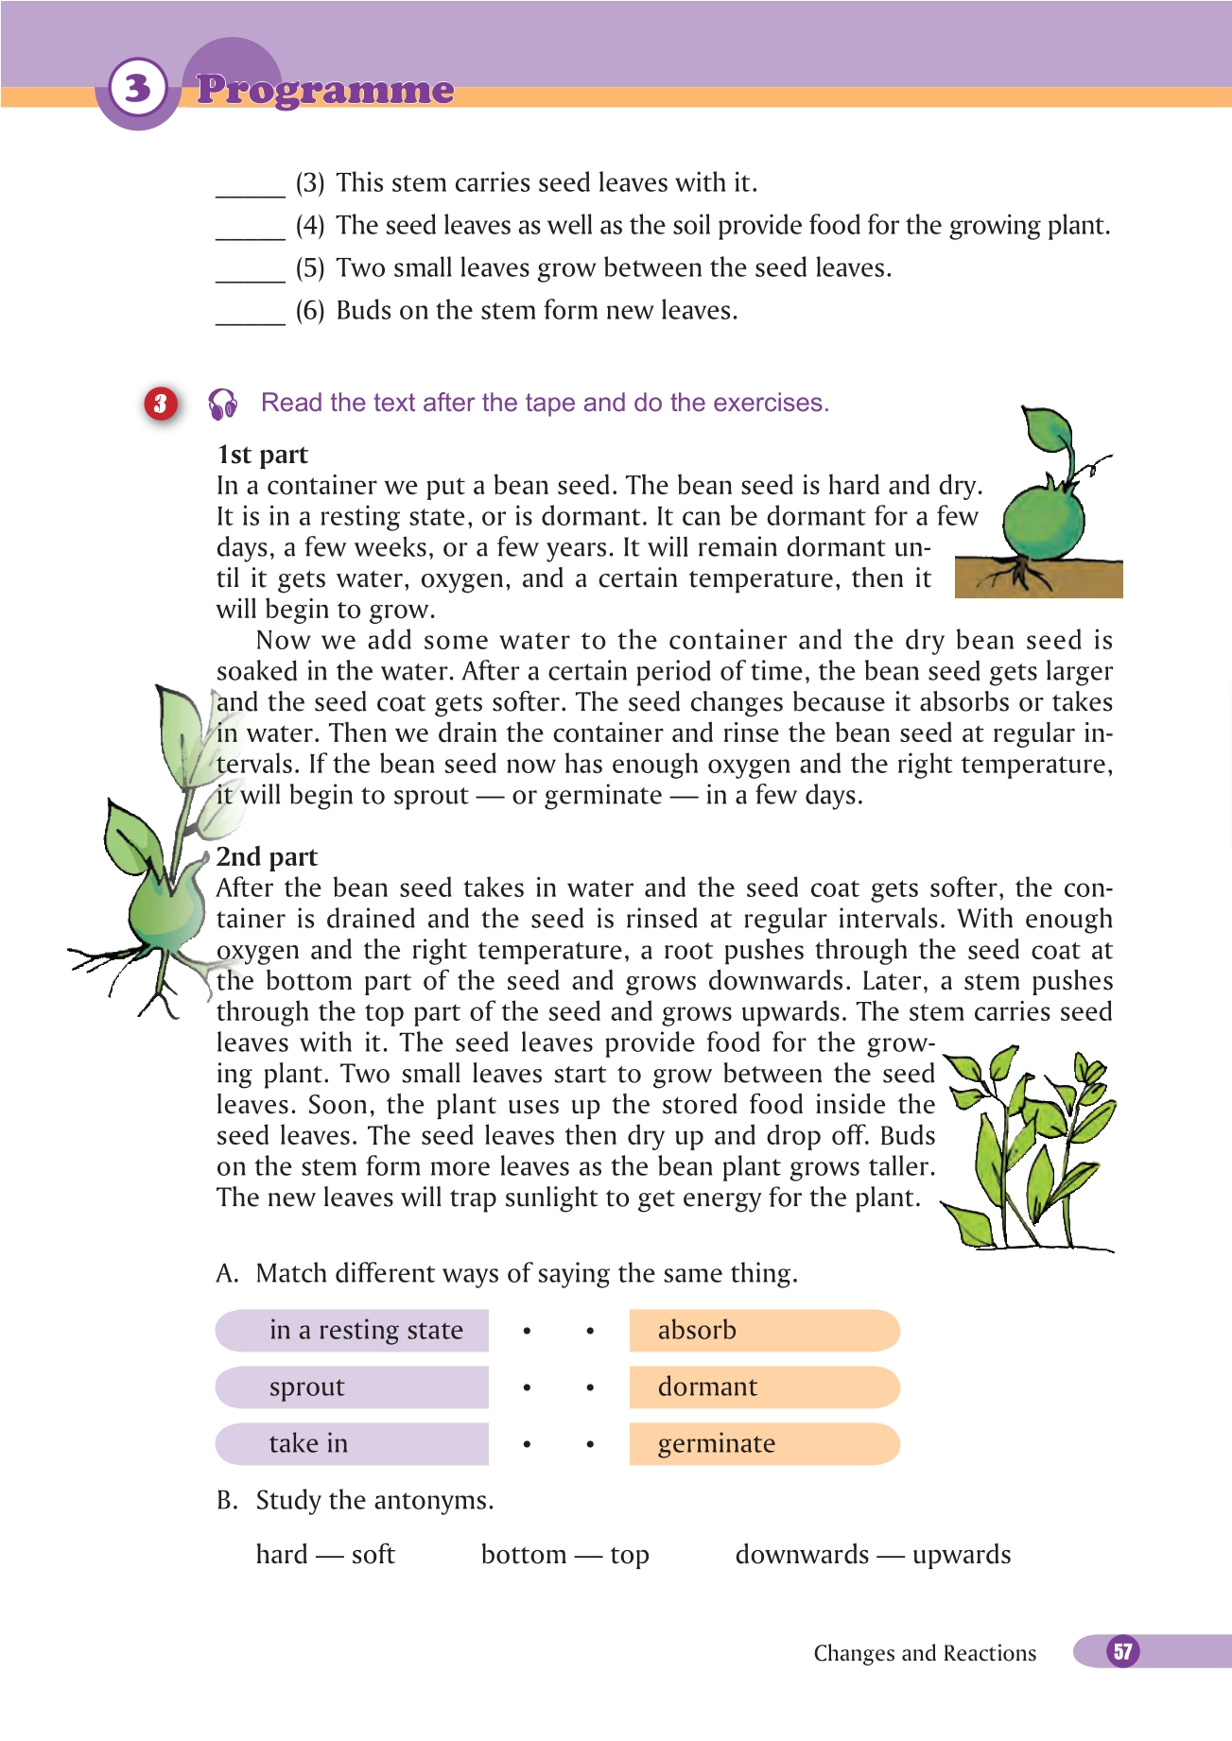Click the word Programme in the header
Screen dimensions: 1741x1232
tap(325, 90)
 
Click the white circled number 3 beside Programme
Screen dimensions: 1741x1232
tap(138, 88)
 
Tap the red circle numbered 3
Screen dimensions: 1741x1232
tap(161, 404)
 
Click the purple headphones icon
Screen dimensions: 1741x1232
tap(223, 404)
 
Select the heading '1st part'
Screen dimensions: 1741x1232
tap(263, 455)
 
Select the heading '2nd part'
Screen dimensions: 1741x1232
tap(267, 856)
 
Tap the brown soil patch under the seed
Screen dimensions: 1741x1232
tap(1040, 578)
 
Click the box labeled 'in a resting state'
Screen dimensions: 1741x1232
tap(353, 1330)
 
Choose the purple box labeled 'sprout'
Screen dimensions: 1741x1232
tap(353, 1387)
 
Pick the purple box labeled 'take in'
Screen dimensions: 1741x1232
tap(353, 1443)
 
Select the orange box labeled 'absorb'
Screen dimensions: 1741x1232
tap(763, 1330)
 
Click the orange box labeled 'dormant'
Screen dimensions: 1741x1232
tap(763, 1387)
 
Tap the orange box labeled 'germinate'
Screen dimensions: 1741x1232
tap(763, 1443)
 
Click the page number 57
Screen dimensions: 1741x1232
tap(1122, 1651)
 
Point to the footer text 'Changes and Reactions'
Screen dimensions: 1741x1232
tap(925, 1653)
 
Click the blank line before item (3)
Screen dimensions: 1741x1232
tap(251, 189)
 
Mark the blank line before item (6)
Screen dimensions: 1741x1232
tap(251, 317)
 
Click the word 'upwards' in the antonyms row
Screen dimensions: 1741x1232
tap(962, 1555)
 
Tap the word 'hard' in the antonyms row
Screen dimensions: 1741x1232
tap(282, 1555)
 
